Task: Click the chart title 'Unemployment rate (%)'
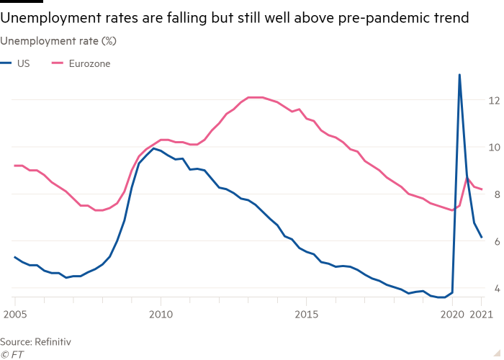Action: pyautogui.click(x=59, y=41)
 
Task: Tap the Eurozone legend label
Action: pyautogui.click(x=89, y=63)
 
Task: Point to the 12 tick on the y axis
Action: pyautogui.click(x=493, y=100)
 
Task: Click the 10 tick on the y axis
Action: pyautogui.click(x=493, y=147)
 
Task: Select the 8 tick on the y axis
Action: pyautogui.click(x=493, y=194)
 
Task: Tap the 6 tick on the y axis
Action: pyautogui.click(x=493, y=241)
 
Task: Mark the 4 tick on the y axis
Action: pyautogui.click(x=493, y=289)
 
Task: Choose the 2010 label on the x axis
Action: pyautogui.click(x=161, y=315)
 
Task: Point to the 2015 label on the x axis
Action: pyautogui.click(x=307, y=315)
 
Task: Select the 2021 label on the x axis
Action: pyautogui.click(x=480, y=315)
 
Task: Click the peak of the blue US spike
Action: pyautogui.click(x=459, y=75)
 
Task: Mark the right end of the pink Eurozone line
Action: pyautogui.click(x=482, y=189)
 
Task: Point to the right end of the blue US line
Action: pyautogui.click(x=482, y=238)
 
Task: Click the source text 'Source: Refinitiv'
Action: pyautogui.click(x=35, y=341)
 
